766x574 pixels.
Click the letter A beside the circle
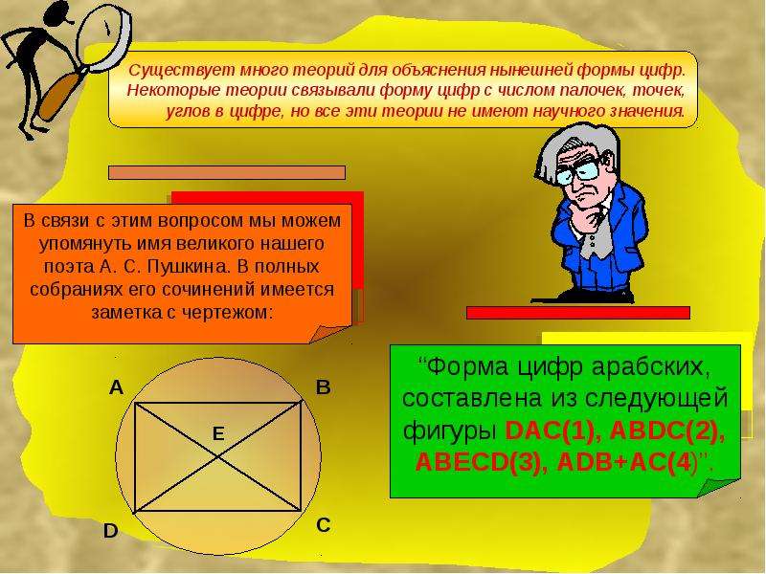pyautogui.click(x=116, y=387)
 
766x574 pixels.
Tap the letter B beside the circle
pyautogui.click(x=324, y=387)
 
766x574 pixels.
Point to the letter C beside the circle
pyautogui.click(x=324, y=525)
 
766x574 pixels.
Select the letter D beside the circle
pyautogui.click(x=111, y=531)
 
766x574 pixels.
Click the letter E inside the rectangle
pyautogui.click(x=218, y=433)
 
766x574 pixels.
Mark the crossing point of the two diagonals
pyautogui.click(x=218, y=457)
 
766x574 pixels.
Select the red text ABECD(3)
pyautogui.click(x=478, y=463)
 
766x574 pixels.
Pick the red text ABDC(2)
pyautogui.click(x=667, y=431)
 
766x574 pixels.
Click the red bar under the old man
pyautogui.click(x=578, y=313)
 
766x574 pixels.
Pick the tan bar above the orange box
pyautogui.click(x=227, y=173)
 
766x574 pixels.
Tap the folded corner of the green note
pyautogui.click(x=718, y=487)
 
